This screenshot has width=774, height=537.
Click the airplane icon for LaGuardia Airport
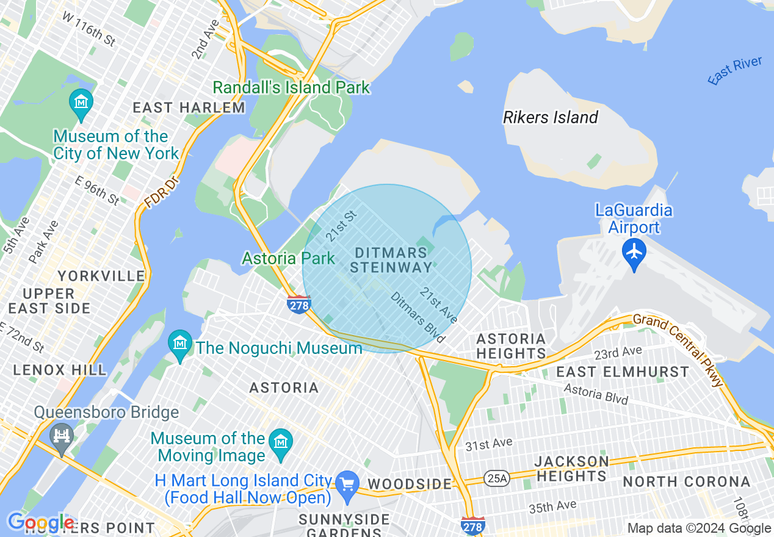pyautogui.click(x=635, y=251)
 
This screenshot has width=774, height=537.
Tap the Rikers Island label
pyautogui.click(x=550, y=117)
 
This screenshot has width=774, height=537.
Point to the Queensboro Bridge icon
pyautogui.click(x=61, y=436)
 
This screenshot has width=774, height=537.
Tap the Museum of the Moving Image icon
pyautogui.click(x=281, y=441)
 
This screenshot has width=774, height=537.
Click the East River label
pyautogui.click(x=735, y=70)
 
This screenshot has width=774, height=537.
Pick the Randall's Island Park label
pyautogui.click(x=291, y=87)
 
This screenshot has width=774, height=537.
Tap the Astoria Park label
pyautogui.click(x=288, y=258)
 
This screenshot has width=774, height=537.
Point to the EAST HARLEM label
pyautogui.click(x=189, y=108)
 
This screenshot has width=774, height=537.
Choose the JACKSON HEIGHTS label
pyautogui.click(x=572, y=468)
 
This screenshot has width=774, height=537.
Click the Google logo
pyautogui.click(x=40, y=523)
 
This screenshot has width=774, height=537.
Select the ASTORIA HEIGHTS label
pyautogui.click(x=511, y=346)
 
